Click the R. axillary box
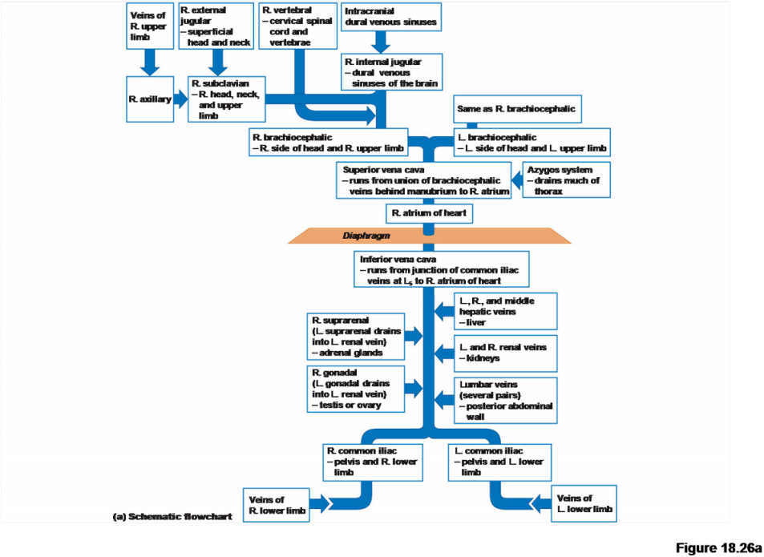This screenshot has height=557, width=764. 150,99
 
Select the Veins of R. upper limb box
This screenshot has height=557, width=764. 150,26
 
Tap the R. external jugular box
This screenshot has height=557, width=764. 216,26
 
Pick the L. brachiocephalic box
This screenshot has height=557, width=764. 531,143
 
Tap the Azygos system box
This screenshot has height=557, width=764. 567,180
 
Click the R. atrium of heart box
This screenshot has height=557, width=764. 429,214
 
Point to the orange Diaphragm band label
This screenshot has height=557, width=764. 365,236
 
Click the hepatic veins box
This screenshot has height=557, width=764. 506,311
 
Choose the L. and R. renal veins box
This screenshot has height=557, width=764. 506,353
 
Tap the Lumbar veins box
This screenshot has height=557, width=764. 506,400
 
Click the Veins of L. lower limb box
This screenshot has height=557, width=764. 584,503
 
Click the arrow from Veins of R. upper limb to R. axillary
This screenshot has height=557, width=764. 150,63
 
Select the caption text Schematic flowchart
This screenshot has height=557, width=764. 172,517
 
